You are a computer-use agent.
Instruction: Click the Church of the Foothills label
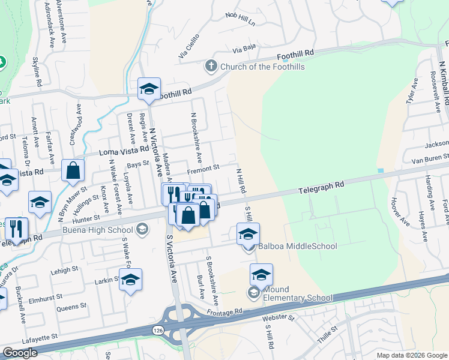tap(263, 67)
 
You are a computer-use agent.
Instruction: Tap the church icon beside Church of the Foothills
tap(211, 66)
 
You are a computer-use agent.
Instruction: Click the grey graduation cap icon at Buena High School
tap(142, 229)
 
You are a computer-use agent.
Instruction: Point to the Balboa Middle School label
tap(298, 246)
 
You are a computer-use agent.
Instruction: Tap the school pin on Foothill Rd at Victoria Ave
tap(148, 90)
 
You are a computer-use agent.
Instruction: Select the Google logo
tap(20, 353)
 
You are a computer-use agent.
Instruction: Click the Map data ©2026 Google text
tap(411, 355)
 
